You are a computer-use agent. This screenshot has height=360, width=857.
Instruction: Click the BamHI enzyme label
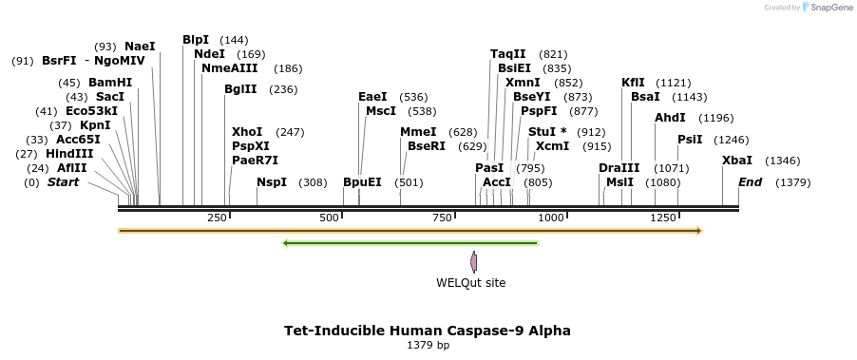tap(110, 83)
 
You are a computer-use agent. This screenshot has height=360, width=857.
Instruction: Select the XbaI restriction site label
tap(737, 161)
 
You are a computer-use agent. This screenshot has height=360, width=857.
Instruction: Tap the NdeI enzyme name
tap(209, 54)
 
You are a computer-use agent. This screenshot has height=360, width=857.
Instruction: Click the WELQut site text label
tap(471, 282)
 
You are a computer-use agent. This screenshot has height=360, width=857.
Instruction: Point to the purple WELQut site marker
tap(474, 261)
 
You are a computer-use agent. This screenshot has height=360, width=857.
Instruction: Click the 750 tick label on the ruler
tap(442, 218)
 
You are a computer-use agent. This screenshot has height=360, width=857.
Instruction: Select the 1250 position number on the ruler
tap(663, 218)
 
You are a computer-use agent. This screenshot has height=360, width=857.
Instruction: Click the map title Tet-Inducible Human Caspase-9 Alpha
tap(428, 331)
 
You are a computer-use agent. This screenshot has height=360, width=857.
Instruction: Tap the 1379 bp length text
tap(428, 346)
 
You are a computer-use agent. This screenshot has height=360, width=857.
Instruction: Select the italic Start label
tap(64, 182)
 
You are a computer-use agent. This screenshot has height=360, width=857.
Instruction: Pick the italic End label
tap(750, 182)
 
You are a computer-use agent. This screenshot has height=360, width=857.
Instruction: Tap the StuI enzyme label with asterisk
tap(547, 132)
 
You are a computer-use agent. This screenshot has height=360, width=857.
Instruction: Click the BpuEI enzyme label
tap(362, 182)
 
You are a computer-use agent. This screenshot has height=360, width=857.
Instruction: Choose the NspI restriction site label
tap(272, 182)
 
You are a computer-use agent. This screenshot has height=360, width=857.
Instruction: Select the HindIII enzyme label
tap(69, 154)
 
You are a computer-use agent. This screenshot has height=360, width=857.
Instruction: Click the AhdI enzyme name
tap(669, 118)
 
